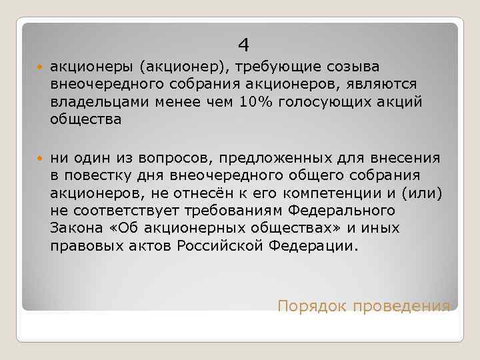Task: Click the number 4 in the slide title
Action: pos(244,45)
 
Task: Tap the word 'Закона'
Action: pos(73,228)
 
